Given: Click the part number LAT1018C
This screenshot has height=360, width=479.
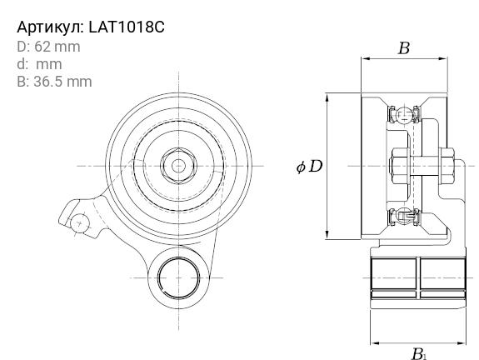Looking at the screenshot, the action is pyautogui.click(x=127, y=27).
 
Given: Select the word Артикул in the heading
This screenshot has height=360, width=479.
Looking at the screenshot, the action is pyautogui.click(x=50, y=27).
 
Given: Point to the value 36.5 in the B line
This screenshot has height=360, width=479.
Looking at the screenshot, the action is pyautogui.click(x=47, y=82).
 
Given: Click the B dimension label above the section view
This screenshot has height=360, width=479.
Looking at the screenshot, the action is pyautogui.click(x=404, y=48).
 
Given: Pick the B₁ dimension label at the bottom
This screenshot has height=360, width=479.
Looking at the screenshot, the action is pyautogui.click(x=419, y=354).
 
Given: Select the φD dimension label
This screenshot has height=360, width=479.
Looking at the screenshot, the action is pyautogui.click(x=309, y=167).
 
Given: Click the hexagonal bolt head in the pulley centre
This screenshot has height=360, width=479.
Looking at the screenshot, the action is pyautogui.click(x=179, y=166).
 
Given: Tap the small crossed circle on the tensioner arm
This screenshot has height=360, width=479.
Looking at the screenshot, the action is pyautogui.click(x=80, y=223).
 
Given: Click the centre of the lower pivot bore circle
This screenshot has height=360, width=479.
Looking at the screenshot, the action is pyautogui.click(x=179, y=277).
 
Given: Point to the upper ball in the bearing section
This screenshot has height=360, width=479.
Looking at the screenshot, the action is pyautogui.click(x=405, y=115).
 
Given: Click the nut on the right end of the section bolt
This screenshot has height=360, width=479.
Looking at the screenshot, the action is pyautogui.click(x=447, y=166).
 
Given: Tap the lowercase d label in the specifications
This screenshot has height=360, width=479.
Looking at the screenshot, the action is pyautogui.click(x=21, y=64).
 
